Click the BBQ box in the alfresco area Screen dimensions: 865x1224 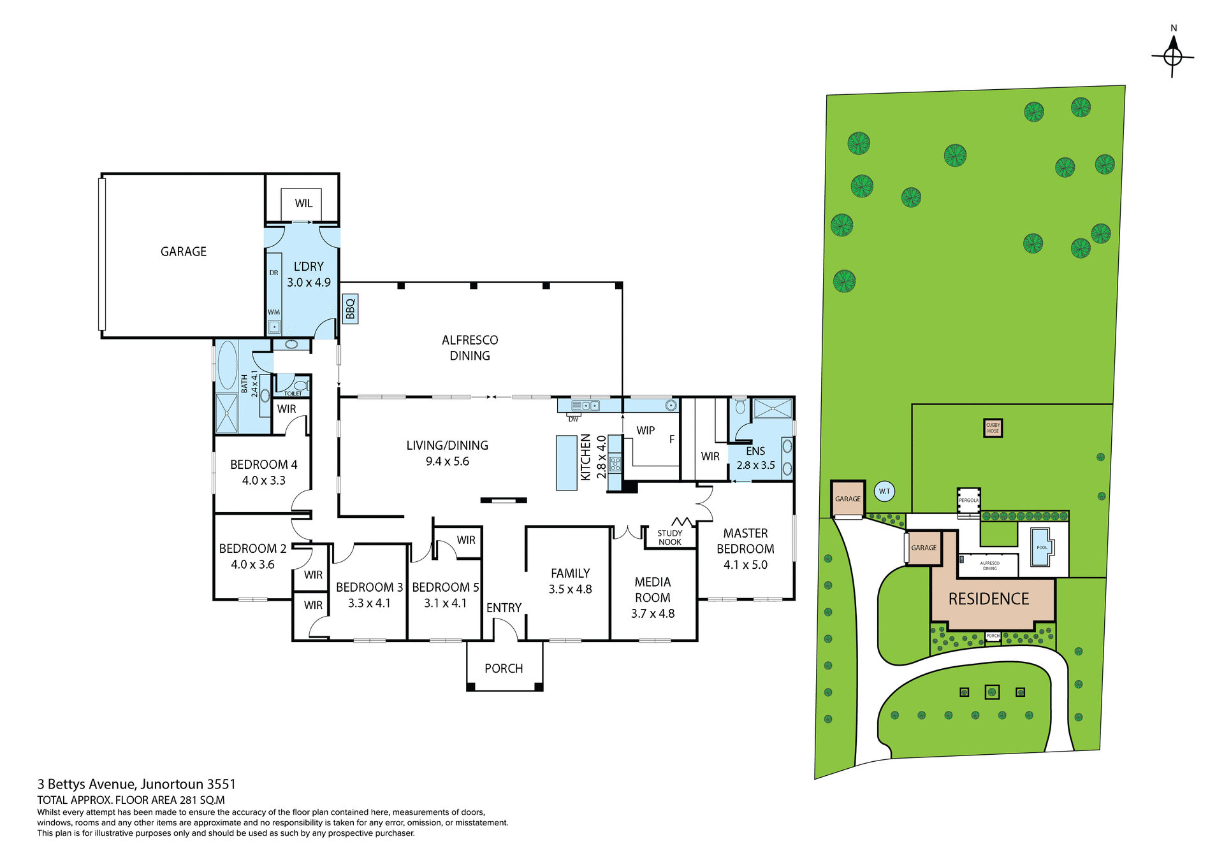[350, 309]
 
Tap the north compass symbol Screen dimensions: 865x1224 [1172, 57]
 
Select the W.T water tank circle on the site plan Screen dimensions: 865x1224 [884, 491]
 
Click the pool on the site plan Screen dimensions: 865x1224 [1041, 547]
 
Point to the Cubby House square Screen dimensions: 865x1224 [993, 428]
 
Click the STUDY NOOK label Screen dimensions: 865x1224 [669, 538]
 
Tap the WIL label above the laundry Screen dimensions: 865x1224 [303, 203]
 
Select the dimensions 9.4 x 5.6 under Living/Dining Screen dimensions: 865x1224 [447, 461]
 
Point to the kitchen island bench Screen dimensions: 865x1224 [566, 462]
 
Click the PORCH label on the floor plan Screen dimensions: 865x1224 [504, 668]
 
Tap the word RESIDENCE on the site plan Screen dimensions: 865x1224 [988, 599]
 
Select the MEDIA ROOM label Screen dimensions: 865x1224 [652, 590]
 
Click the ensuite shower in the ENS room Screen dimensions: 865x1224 [773, 408]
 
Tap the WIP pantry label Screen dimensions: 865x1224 [645, 431]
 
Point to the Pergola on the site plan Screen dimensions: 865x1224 [968, 500]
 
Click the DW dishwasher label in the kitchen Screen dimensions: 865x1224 [573, 419]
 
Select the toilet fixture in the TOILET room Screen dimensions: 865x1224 [300, 386]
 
